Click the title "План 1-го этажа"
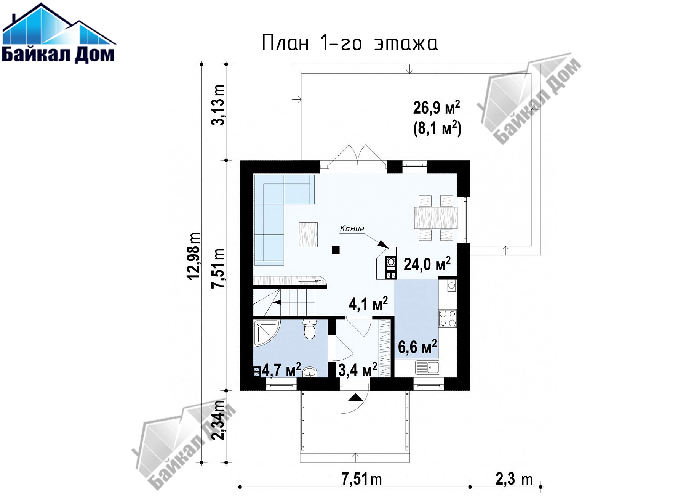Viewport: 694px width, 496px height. point(350,43)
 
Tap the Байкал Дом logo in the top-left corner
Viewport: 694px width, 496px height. point(59,33)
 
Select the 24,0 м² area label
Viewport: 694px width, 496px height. point(427,263)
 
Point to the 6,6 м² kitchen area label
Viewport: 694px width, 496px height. point(417,347)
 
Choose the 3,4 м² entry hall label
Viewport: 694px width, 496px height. point(358,369)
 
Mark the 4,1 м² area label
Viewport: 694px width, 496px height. point(368,304)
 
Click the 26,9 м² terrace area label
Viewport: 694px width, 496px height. point(437,108)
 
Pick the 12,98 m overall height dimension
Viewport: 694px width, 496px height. point(193,255)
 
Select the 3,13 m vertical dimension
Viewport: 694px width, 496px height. point(218,105)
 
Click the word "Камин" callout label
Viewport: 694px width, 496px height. point(352,228)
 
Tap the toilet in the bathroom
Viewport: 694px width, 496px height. point(310,329)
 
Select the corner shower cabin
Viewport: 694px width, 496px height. point(266,333)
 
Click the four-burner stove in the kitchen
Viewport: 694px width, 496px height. point(448,318)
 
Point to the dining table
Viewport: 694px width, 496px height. point(436,218)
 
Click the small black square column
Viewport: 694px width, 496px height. point(336,250)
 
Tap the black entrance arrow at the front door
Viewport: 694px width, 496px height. point(355,397)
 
